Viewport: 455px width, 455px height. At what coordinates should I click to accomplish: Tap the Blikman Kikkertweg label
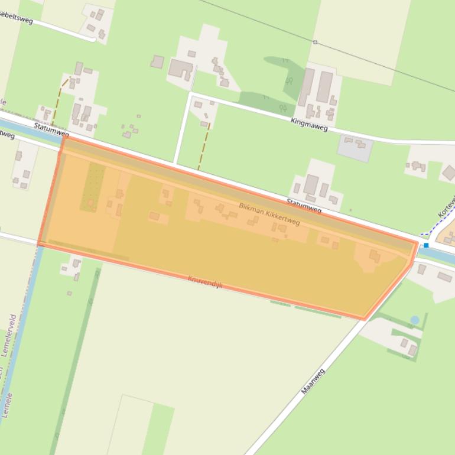(x=269, y=214)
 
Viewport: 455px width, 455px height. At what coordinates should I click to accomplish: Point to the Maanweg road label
(x=313, y=381)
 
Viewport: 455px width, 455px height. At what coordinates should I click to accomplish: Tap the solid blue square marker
(x=426, y=245)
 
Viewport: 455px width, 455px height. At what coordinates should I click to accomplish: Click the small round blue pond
(x=415, y=320)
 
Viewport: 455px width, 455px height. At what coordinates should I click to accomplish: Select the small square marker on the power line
(x=315, y=42)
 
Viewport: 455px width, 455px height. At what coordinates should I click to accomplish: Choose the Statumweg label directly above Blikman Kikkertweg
(x=304, y=206)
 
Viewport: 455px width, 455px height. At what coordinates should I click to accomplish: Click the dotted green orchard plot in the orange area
(x=93, y=186)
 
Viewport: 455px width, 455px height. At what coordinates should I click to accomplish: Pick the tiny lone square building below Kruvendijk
(x=69, y=293)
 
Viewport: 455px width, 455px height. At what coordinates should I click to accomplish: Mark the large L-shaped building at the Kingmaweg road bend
(x=181, y=69)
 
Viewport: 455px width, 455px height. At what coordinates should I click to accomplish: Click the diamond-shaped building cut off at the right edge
(x=449, y=173)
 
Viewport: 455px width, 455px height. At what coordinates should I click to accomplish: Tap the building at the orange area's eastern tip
(x=375, y=256)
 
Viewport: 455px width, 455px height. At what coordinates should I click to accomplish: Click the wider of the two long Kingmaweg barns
(x=324, y=87)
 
